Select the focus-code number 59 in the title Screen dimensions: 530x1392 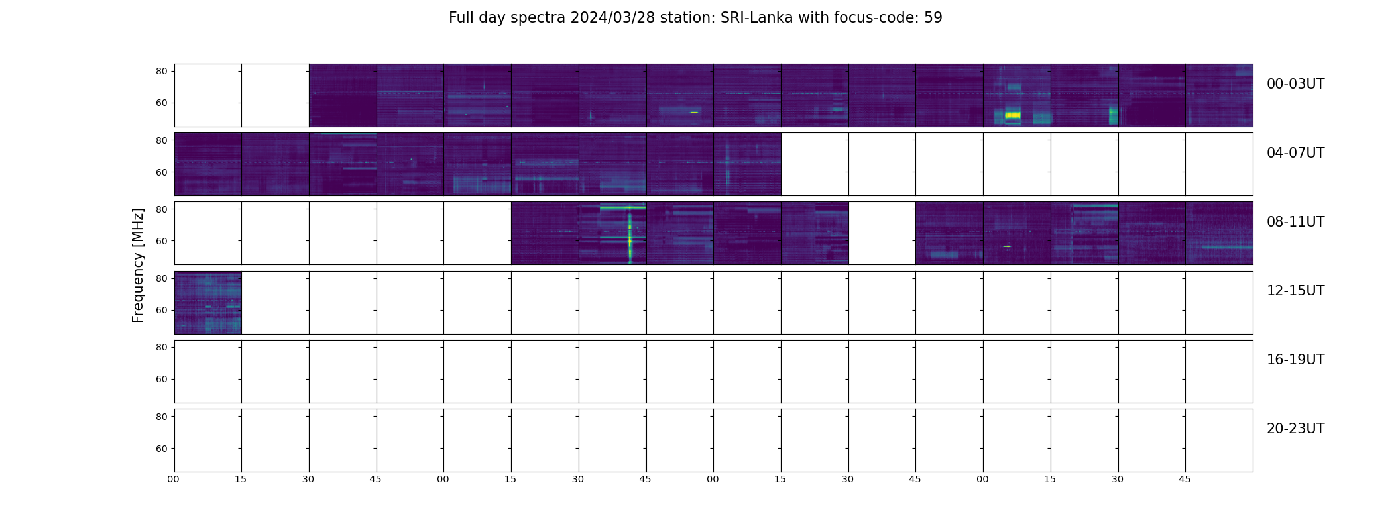(x=933, y=18)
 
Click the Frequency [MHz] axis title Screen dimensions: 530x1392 (x=138, y=265)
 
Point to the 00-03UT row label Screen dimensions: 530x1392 (x=1295, y=84)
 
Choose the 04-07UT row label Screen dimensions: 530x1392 (x=1295, y=153)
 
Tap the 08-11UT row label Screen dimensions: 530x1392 (x=1295, y=222)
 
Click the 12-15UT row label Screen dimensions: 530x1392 (x=1295, y=291)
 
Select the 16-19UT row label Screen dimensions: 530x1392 (x=1295, y=360)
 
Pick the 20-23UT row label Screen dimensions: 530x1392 (x=1295, y=429)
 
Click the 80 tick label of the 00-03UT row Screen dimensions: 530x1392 (x=161, y=71)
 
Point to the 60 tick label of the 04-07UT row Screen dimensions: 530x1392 (x=161, y=172)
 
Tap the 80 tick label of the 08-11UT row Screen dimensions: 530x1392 (x=161, y=209)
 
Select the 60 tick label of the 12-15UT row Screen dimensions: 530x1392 (x=161, y=310)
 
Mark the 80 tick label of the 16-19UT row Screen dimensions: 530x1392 (x=161, y=347)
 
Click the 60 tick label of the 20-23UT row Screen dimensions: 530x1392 (x=161, y=449)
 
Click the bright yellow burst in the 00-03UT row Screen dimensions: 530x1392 (x=1012, y=115)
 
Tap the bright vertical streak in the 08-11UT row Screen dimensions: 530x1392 (x=630, y=235)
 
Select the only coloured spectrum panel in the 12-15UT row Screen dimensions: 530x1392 (x=207, y=302)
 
